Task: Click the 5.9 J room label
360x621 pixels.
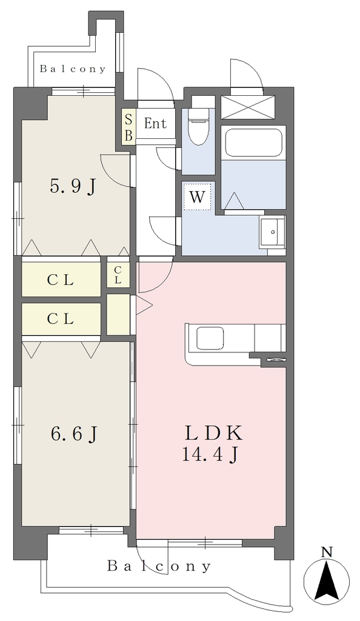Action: click(x=73, y=186)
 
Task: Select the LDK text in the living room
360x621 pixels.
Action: click(x=213, y=434)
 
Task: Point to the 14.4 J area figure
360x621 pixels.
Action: click(x=210, y=455)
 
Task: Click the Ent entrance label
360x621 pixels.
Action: click(x=156, y=124)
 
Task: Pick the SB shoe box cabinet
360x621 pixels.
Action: click(x=128, y=127)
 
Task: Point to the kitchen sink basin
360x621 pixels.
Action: click(x=210, y=338)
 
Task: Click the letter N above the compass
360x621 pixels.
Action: click(x=327, y=551)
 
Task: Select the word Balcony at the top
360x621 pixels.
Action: click(x=73, y=69)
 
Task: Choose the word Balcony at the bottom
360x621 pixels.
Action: click(x=159, y=566)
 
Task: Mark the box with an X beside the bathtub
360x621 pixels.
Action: click(x=248, y=107)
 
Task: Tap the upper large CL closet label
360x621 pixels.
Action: click(x=61, y=280)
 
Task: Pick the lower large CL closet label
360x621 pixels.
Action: click(x=61, y=319)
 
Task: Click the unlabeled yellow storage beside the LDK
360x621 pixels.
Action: click(x=118, y=315)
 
